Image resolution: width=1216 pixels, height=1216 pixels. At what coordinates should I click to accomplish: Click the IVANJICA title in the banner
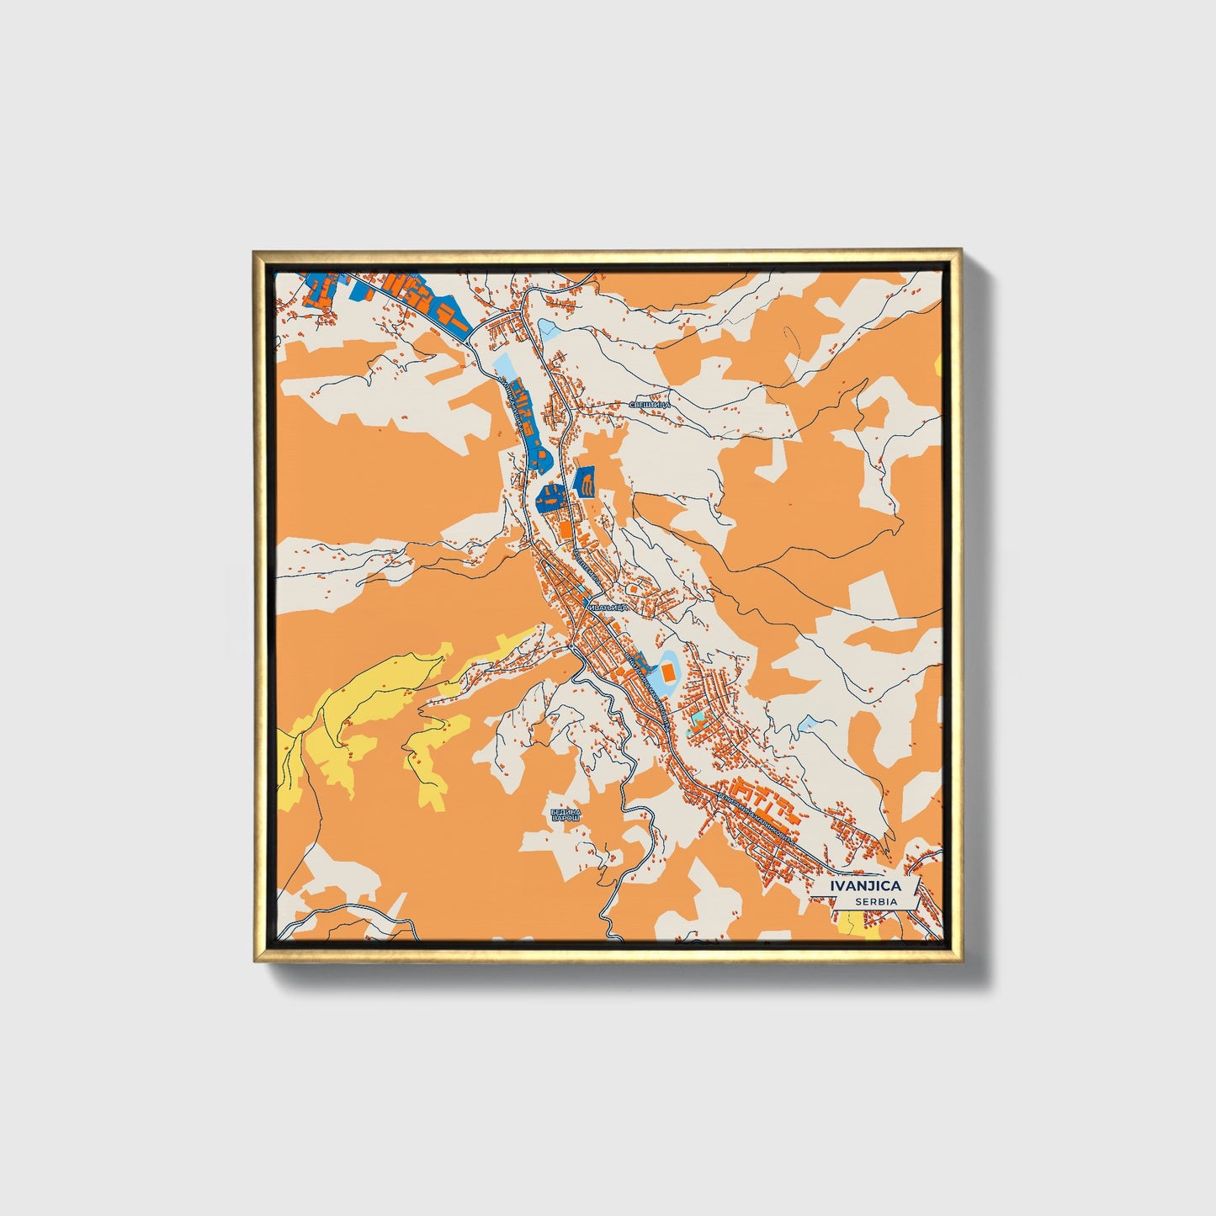coord(865,885)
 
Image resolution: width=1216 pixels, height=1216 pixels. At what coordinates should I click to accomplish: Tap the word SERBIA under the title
coord(874,901)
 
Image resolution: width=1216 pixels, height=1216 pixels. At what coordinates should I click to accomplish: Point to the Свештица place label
coord(650,405)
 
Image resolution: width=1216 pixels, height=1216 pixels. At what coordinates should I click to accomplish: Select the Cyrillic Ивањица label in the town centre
coord(606,607)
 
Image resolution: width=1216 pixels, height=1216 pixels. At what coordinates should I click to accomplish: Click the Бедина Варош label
coord(566,815)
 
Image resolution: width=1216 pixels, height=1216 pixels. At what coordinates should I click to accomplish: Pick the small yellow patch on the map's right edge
coord(938,364)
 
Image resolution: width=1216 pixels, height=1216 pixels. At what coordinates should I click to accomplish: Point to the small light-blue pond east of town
coord(808,724)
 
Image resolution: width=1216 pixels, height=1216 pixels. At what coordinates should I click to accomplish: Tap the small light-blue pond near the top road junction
coord(549,326)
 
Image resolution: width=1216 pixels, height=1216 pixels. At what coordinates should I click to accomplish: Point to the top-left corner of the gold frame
coord(255,252)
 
